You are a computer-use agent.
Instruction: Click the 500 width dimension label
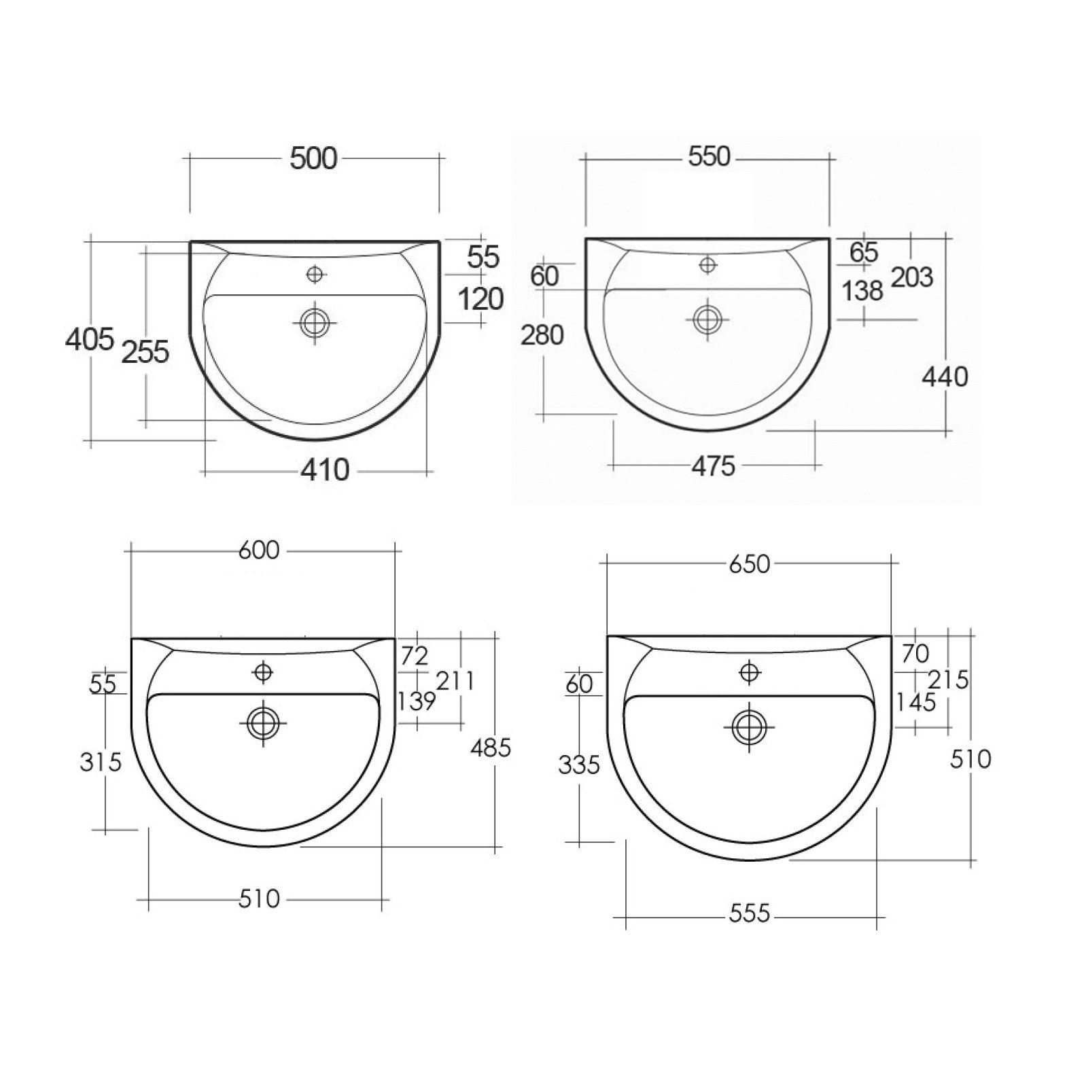[x=313, y=158]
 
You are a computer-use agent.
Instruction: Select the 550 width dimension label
[x=709, y=156]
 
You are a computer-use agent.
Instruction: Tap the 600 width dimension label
[x=259, y=550]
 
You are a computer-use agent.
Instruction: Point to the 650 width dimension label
[x=749, y=563]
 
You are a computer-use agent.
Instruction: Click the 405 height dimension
[x=89, y=338]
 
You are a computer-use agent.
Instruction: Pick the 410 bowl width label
[x=326, y=470]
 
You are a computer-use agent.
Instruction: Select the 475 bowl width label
[x=713, y=466]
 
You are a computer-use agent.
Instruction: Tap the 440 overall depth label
[x=945, y=376]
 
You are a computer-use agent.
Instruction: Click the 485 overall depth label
[x=491, y=748]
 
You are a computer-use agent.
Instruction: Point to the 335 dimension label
[x=579, y=765]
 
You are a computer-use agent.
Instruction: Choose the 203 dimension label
[x=912, y=277]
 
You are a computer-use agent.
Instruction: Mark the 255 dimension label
[x=145, y=351]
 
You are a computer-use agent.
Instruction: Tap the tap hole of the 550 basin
[x=708, y=264]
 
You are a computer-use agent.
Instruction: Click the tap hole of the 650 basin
[x=749, y=673]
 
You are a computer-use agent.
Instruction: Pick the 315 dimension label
[x=101, y=762]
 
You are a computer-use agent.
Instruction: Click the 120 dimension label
[x=480, y=298]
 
